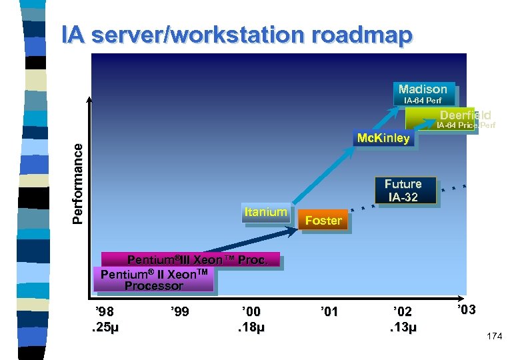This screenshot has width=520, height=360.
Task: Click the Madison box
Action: pos(423,89)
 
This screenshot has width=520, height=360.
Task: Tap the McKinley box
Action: pos(383,139)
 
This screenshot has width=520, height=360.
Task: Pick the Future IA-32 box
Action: pos(403,190)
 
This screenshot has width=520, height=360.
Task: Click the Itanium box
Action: pos(265,213)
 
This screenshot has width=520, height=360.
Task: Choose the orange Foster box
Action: pos(323,221)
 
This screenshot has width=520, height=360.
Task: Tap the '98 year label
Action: pos(105,311)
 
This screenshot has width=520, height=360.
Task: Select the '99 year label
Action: pos(180,311)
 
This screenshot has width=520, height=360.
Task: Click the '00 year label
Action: pos(251,311)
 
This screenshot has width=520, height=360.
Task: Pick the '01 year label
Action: pos(329,311)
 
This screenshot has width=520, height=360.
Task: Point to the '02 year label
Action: pos(403,311)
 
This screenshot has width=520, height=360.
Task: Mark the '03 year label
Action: pos(467,309)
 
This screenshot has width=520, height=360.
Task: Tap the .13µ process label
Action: pos(403,327)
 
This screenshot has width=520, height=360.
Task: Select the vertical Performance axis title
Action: pos(78,183)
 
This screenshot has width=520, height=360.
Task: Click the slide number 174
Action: pos(495,337)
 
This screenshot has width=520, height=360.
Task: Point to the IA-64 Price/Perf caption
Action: pos(466,125)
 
